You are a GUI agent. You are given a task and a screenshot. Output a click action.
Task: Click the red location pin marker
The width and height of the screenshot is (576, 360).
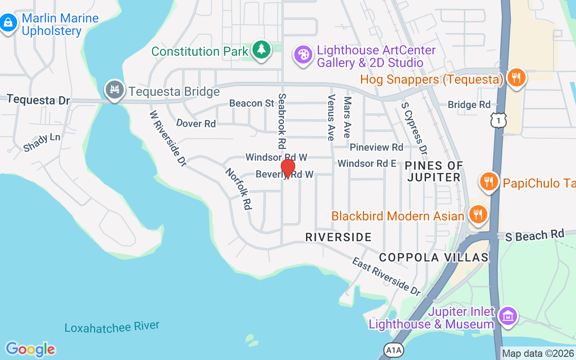288,169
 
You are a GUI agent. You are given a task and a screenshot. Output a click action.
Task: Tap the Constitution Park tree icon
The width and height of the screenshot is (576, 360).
261,49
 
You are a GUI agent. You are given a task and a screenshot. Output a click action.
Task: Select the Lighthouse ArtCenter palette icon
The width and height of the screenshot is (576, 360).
303,55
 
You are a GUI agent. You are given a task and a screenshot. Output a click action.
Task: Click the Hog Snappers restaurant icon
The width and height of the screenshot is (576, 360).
516,78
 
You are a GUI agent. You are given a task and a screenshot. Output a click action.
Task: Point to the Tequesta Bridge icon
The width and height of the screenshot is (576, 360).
114,90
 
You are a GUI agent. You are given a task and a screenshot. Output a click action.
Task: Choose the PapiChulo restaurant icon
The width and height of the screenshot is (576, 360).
489,182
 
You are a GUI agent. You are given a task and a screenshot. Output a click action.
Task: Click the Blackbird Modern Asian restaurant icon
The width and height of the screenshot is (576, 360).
478,215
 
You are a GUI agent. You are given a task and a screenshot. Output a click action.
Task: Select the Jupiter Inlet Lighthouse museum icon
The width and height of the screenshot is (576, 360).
508,316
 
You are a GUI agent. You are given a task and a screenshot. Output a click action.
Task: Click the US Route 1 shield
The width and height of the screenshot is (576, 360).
499,120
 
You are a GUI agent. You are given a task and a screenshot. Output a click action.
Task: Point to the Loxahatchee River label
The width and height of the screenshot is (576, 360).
112,327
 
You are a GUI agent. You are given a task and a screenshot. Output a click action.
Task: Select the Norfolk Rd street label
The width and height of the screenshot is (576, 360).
238,189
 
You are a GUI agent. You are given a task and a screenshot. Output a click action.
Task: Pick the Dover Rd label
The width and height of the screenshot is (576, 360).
196,123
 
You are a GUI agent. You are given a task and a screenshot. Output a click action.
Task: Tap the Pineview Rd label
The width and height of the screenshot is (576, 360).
376,147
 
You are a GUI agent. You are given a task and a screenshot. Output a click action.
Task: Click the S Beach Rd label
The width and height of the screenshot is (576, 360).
535,235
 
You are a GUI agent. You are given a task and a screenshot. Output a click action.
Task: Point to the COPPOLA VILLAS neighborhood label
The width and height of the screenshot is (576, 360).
433,257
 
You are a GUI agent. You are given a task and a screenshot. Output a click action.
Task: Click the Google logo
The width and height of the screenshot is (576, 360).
30,349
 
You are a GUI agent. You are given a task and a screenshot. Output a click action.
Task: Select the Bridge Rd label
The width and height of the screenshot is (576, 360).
469,105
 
